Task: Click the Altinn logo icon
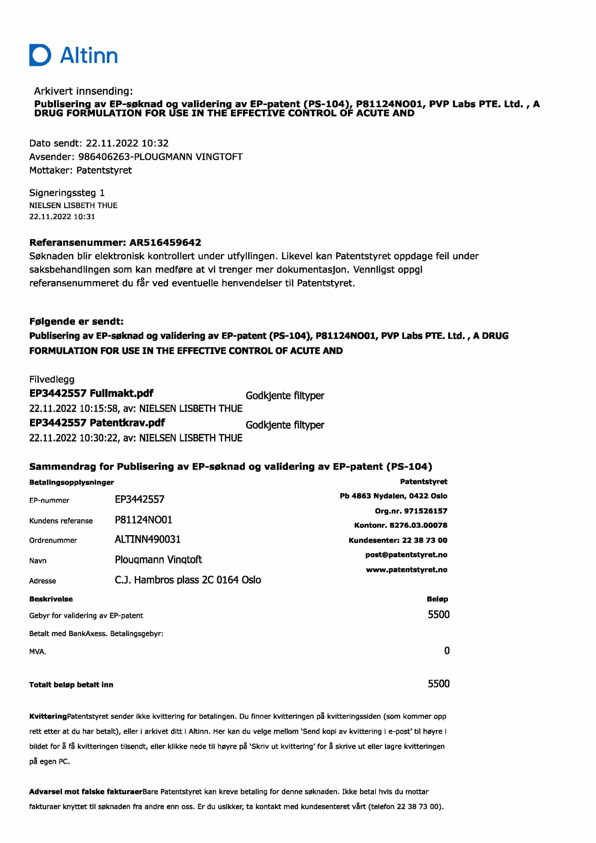pos(40,55)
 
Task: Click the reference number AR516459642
pos(165,242)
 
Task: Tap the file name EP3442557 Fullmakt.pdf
pos(91,393)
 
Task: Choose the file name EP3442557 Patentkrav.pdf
pos(97,423)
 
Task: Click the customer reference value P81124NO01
pos(143,520)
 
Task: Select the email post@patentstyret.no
pos(406,554)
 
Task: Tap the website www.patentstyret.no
pos(406,569)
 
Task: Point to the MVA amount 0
pos(446,651)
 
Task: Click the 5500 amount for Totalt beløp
pos(439,684)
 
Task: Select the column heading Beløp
pos(437,599)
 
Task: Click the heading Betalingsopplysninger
pos(72,482)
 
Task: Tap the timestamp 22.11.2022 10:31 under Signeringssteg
pos(62,217)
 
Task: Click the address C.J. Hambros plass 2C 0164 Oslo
pos(187,580)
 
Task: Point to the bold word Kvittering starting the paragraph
pos(48,716)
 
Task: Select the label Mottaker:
pos(51,170)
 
